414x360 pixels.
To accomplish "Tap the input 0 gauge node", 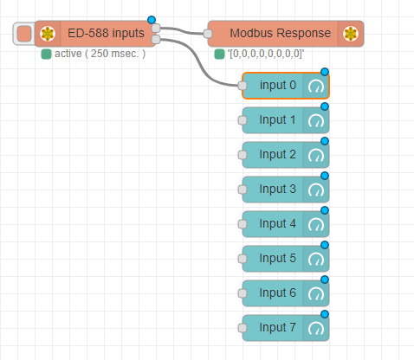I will coord(277,86).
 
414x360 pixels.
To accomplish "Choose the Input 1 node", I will coord(277,119).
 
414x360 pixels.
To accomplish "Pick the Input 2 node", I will coord(277,154).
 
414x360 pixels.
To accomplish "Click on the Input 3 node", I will coord(277,189).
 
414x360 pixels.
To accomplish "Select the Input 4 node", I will coord(277,223).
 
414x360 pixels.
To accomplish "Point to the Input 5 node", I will coord(277,258).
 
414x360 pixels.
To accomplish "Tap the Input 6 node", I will coord(277,292).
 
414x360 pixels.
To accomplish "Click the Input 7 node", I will coord(277,327).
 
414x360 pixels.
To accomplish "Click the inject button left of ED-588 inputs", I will coord(24,34).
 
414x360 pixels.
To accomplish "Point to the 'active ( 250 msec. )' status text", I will coord(100,54).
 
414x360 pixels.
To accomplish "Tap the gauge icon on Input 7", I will coord(316,328).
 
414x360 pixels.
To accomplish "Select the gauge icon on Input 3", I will coord(316,190).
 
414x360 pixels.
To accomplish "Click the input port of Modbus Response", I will coord(208,35).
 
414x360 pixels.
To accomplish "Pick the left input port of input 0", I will coord(243,86).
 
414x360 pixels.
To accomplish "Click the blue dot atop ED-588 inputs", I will coord(152,20).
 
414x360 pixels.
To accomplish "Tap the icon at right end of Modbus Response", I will coord(351,34).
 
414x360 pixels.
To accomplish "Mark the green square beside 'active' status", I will coord(46,54).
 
